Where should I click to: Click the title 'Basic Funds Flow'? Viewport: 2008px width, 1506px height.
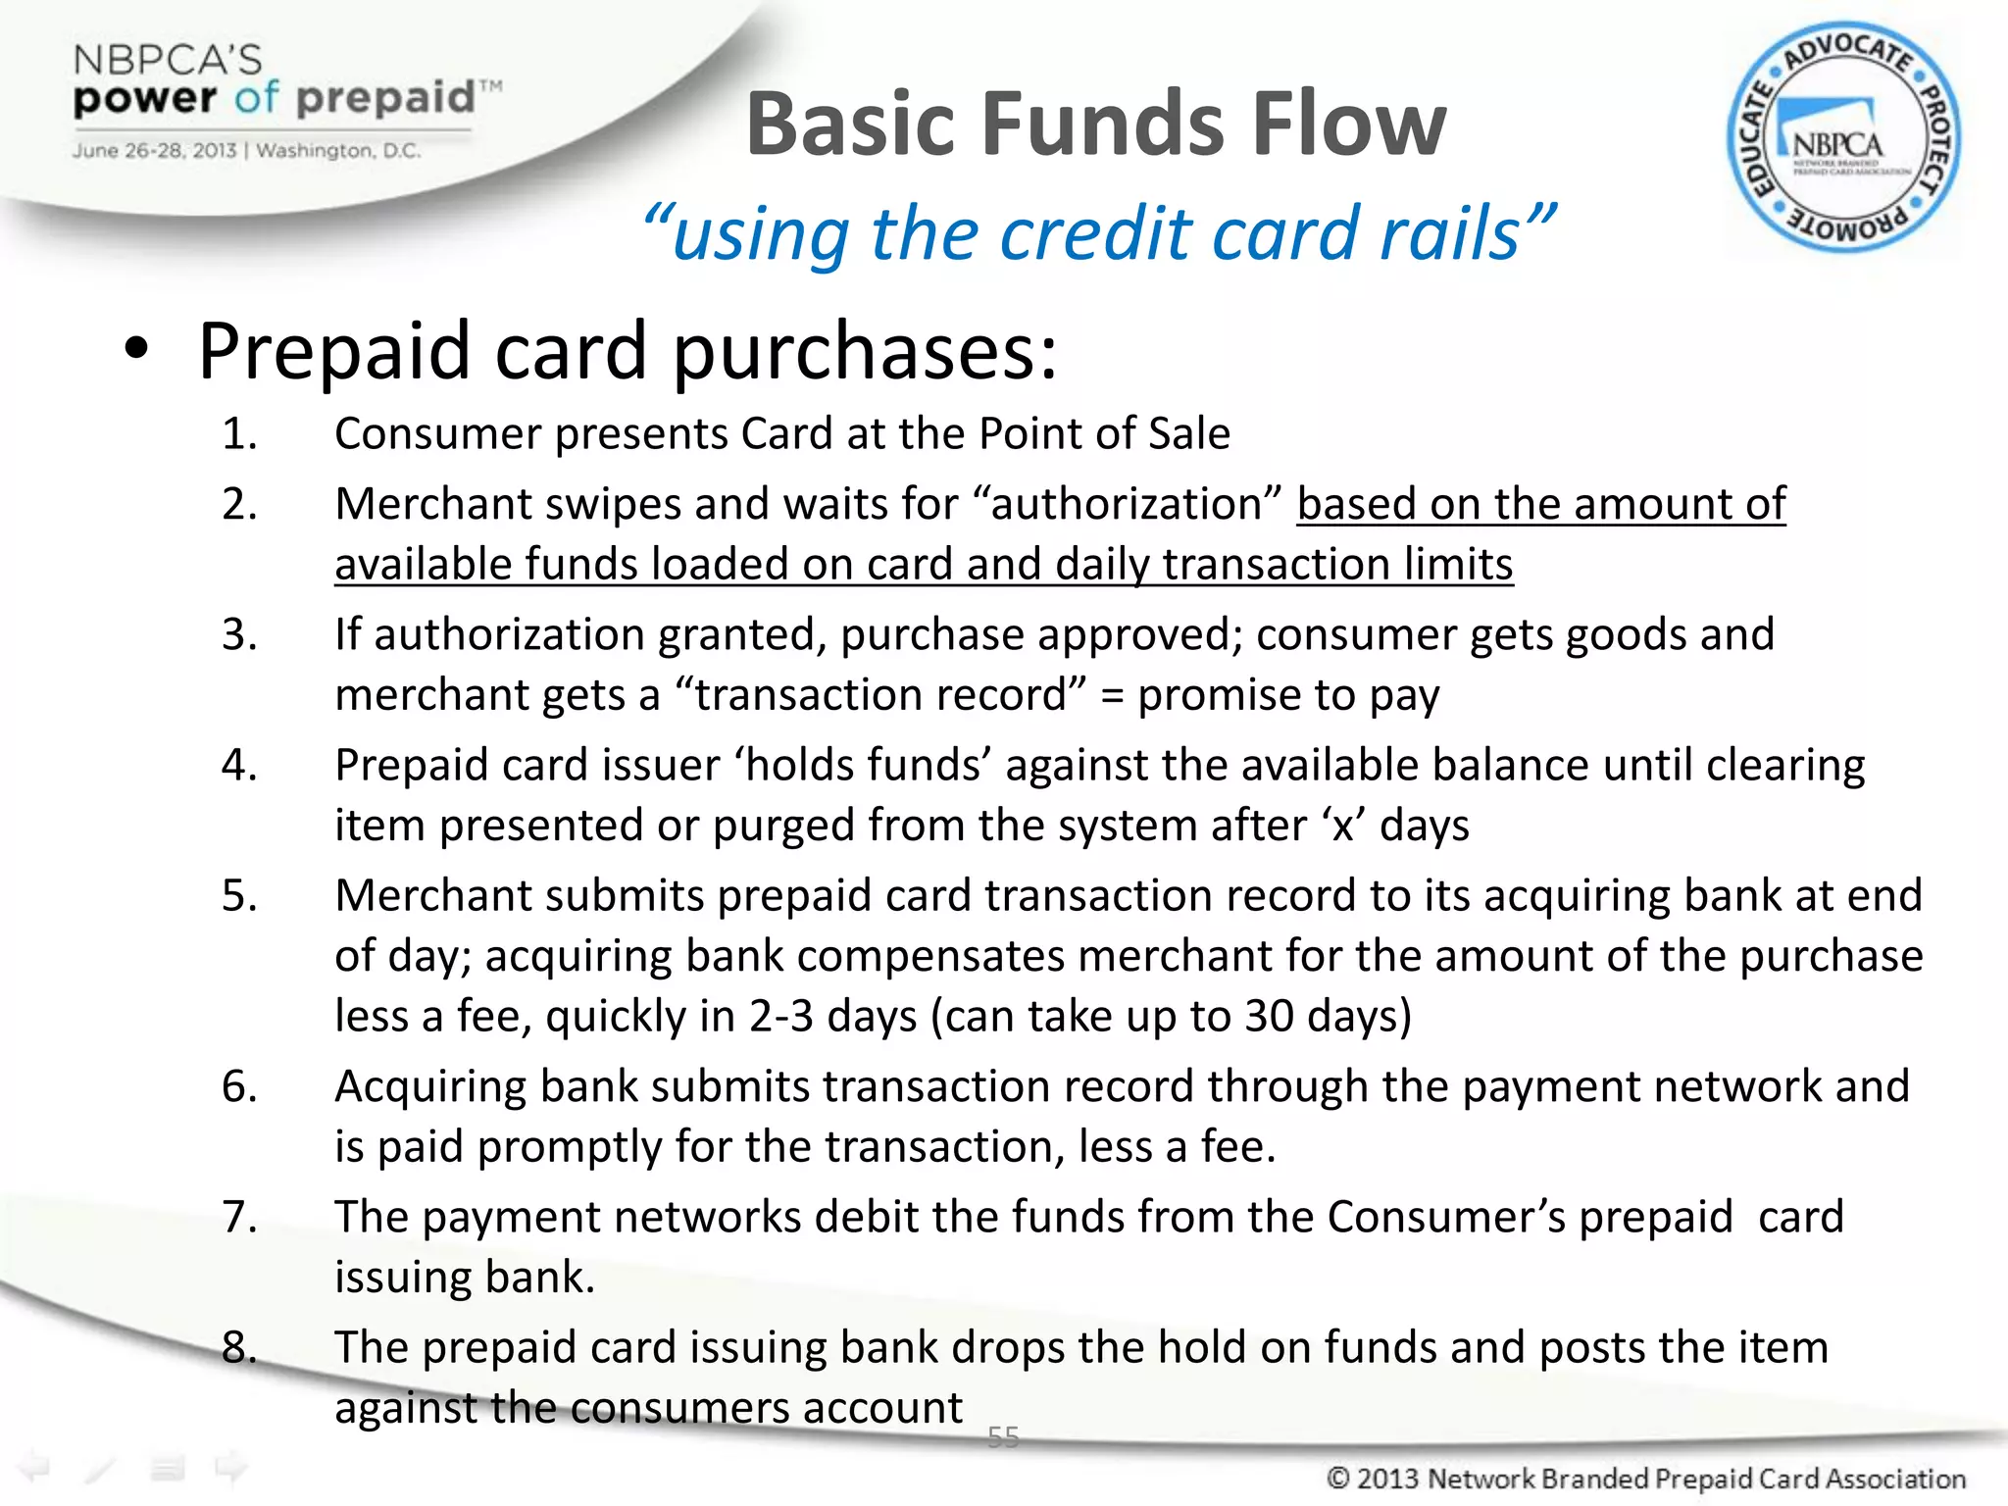click(x=1095, y=125)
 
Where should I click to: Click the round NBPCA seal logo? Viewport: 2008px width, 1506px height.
click(x=1843, y=137)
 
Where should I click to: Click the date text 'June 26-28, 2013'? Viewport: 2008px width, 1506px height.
click(x=154, y=151)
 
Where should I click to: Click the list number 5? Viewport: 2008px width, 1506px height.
click(x=238, y=895)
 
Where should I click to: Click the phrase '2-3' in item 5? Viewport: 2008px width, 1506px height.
click(x=780, y=1016)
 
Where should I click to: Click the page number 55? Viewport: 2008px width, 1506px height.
click(x=1003, y=1437)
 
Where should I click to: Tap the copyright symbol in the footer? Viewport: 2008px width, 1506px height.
click(x=1338, y=1479)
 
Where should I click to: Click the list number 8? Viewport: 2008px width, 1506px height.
click(x=238, y=1347)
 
